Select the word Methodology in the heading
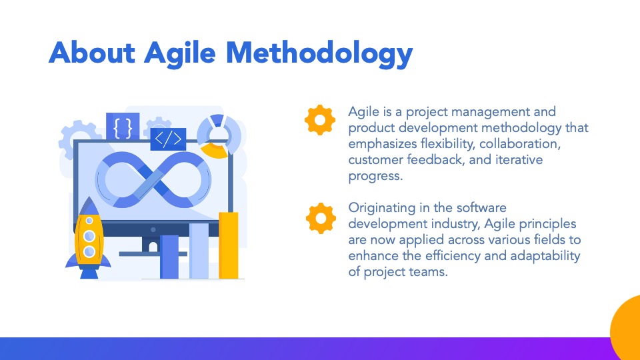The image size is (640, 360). point(319,54)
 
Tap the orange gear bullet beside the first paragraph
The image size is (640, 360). point(320,120)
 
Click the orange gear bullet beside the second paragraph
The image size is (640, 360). point(321,219)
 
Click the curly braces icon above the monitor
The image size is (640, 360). point(123,127)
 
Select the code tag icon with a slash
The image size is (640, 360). point(168,139)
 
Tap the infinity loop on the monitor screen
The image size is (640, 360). point(153,179)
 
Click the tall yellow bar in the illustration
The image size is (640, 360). point(229,245)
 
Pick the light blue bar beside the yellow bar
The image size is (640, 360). point(199,251)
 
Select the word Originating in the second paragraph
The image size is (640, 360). point(381,208)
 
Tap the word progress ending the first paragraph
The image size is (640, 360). point(375,176)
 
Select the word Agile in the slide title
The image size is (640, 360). point(179,54)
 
